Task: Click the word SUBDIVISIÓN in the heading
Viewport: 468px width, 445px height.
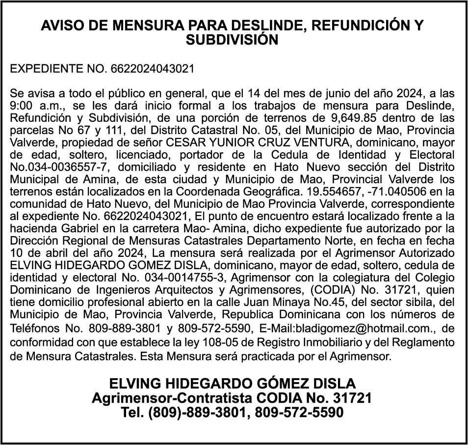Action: [232, 40]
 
